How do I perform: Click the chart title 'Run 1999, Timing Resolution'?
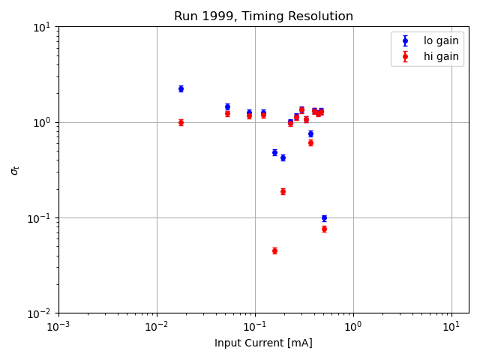tap(263, 16)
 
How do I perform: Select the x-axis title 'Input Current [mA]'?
tap(263, 343)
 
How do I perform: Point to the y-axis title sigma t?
tap(15, 170)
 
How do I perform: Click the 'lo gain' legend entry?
tap(441, 41)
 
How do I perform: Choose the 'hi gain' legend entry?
tap(441, 56)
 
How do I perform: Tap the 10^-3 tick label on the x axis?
tap(58, 327)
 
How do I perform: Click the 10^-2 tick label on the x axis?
tap(157, 327)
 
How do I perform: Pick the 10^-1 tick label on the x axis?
tap(255, 327)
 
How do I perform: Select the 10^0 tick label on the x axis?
tap(353, 327)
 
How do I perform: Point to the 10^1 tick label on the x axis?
tap(451, 327)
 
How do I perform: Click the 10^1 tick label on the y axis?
tap(42, 27)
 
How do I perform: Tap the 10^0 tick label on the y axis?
tap(42, 122)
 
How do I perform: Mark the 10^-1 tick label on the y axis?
tap(40, 218)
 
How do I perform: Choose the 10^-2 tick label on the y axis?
tap(40, 313)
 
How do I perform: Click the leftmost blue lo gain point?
tap(181, 88)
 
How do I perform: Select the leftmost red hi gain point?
tap(181, 122)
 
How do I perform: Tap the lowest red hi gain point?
tap(274, 250)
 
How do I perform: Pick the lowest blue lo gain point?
tap(324, 218)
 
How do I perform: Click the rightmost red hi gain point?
tap(324, 229)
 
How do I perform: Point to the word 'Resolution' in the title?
tap(323, 16)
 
